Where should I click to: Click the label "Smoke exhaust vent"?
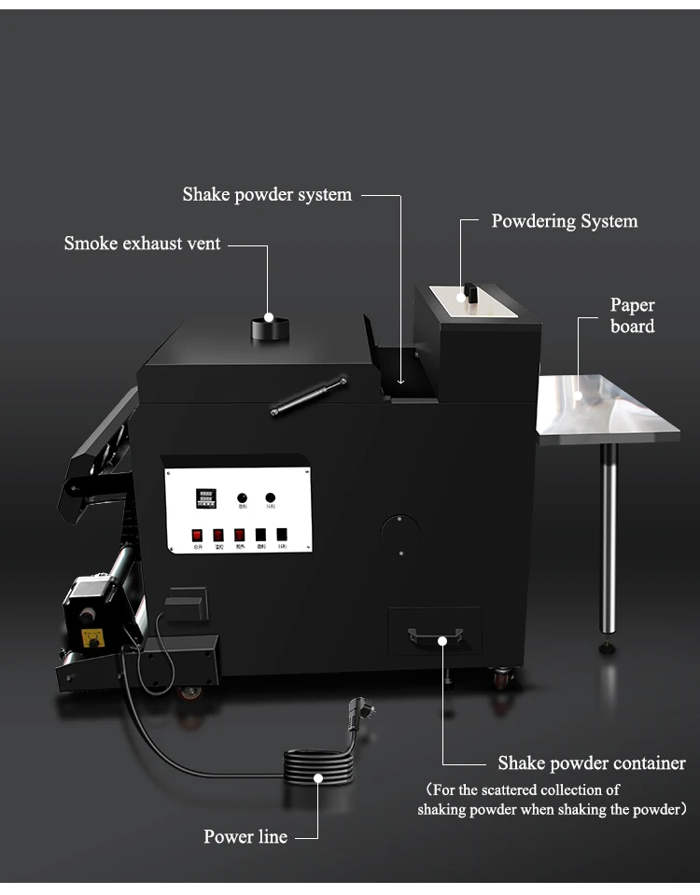(142, 244)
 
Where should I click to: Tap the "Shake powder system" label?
(267, 195)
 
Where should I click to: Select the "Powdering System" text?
(565, 221)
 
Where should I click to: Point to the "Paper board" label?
(632, 315)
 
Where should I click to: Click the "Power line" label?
(245, 836)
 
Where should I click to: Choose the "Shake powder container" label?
(592, 763)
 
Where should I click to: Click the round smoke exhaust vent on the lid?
(268, 328)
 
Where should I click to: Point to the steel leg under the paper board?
(608, 541)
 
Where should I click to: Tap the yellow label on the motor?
(92, 637)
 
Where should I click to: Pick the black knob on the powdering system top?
(470, 292)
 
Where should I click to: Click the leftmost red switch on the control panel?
(197, 536)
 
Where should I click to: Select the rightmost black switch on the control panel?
(282, 536)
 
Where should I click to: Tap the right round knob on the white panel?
(270, 497)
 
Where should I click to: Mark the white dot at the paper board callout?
(578, 396)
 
